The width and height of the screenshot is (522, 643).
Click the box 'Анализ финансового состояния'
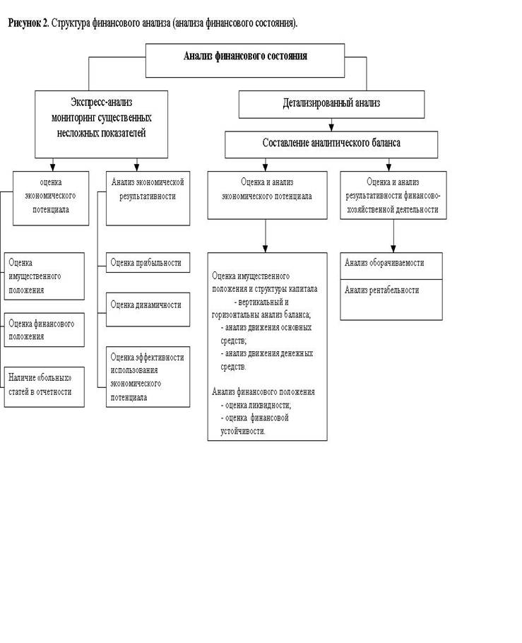pyautogui.click(x=245, y=60)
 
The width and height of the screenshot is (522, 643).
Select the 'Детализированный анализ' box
pyautogui.click(x=331, y=105)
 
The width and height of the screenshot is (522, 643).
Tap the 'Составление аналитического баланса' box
pyautogui.click(x=331, y=144)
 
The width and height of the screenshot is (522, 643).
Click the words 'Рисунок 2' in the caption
pyautogui.click(x=28, y=23)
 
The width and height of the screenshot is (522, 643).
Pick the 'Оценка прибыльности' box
pyautogui.click(x=148, y=262)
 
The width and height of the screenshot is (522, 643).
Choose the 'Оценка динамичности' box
pyautogui.click(x=148, y=309)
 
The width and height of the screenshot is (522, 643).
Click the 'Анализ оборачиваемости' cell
pyautogui.click(x=391, y=266)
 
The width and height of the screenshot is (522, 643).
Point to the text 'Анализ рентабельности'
pyautogui.click(x=381, y=290)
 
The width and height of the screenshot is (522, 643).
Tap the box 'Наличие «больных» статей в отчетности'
pyautogui.click(x=45, y=387)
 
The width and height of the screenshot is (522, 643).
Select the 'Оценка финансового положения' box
pyautogui.click(x=45, y=330)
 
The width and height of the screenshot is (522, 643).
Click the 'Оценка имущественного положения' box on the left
pyautogui.click(x=45, y=276)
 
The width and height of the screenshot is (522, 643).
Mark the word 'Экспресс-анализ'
pyautogui.click(x=101, y=102)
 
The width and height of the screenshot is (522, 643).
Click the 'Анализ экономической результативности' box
pyautogui.click(x=148, y=198)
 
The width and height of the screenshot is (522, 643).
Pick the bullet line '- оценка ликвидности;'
pyautogui.click(x=256, y=405)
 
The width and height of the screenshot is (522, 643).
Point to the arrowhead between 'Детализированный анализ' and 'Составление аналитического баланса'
pyautogui.click(x=331, y=127)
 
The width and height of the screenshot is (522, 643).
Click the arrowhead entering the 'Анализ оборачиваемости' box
pyautogui.click(x=393, y=249)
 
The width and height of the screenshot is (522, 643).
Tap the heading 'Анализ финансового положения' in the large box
pyautogui.click(x=263, y=391)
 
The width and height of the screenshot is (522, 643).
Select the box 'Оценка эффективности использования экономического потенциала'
pyautogui.click(x=148, y=377)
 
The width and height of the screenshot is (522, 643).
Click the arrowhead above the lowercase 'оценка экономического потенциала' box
pyautogui.click(x=52, y=167)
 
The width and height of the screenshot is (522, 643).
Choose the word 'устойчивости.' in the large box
pyautogui.click(x=243, y=431)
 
